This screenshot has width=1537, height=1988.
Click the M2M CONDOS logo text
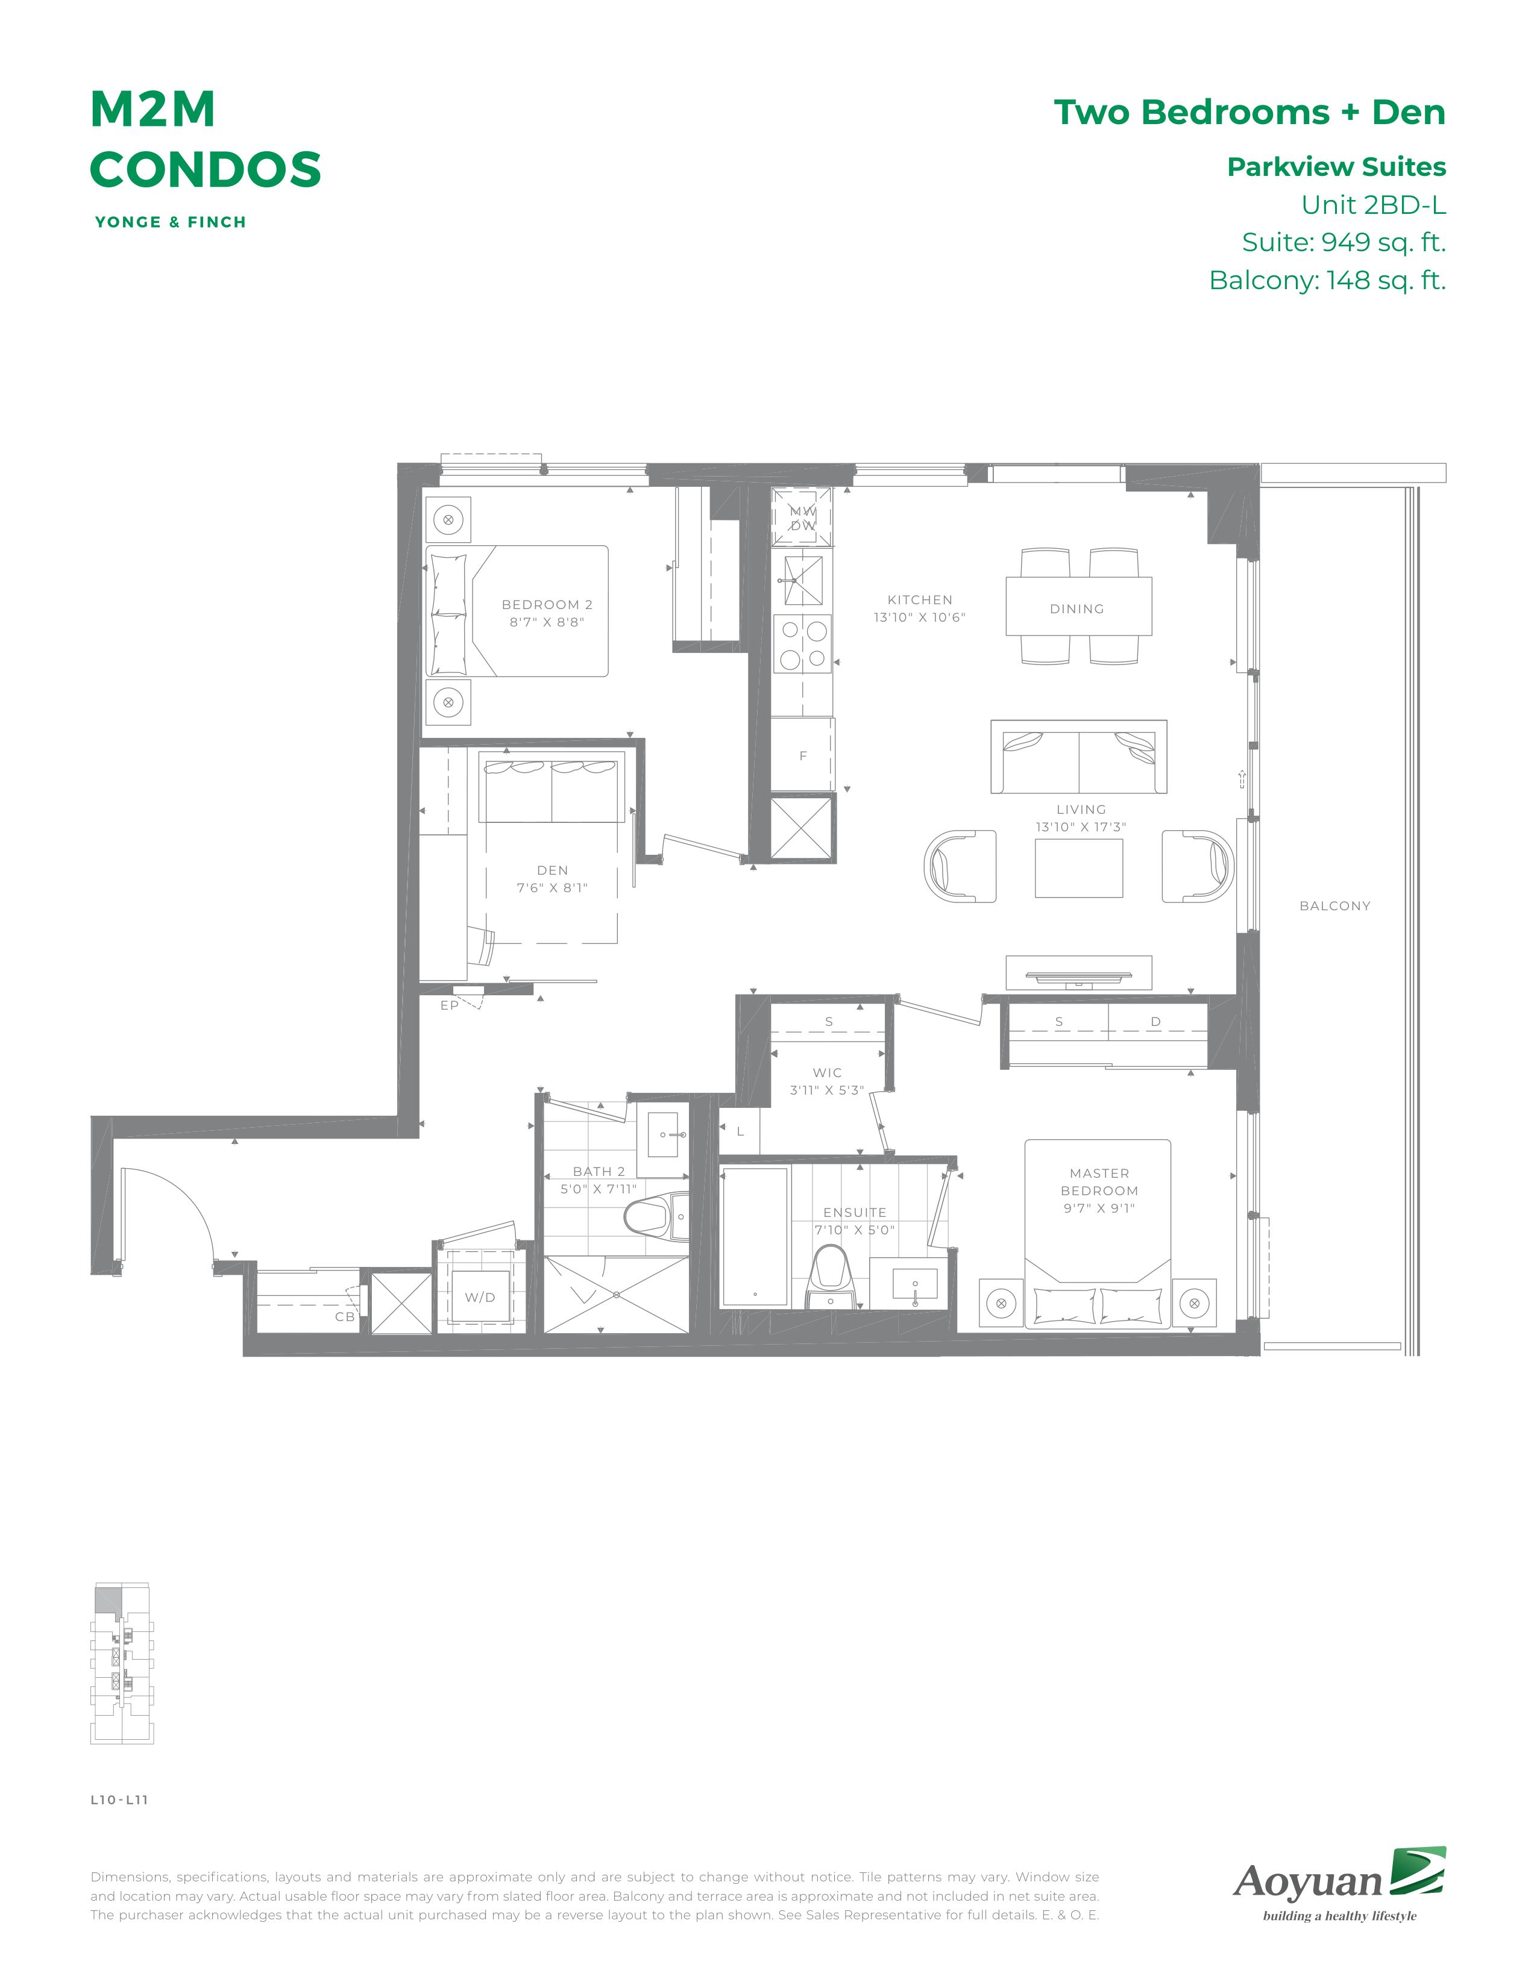click(206, 139)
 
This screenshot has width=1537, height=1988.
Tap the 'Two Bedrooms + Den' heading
click(1249, 112)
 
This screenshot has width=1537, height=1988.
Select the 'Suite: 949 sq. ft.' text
click(1344, 242)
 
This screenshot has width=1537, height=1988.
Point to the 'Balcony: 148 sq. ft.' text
click(1328, 280)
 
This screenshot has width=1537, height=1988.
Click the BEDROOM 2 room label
click(547, 604)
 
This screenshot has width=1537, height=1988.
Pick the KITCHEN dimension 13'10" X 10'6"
click(920, 617)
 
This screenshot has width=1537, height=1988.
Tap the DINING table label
click(1077, 609)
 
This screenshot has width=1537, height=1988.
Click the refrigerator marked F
click(802, 755)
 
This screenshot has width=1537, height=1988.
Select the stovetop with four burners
click(802, 643)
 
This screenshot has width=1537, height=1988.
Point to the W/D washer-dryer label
click(480, 1297)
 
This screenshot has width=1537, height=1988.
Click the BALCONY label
click(1335, 905)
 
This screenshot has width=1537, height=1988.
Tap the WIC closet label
click(828, 1072)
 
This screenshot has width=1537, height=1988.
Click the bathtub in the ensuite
click(755, 1236)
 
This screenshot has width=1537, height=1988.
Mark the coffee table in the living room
click(1079, 867)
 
